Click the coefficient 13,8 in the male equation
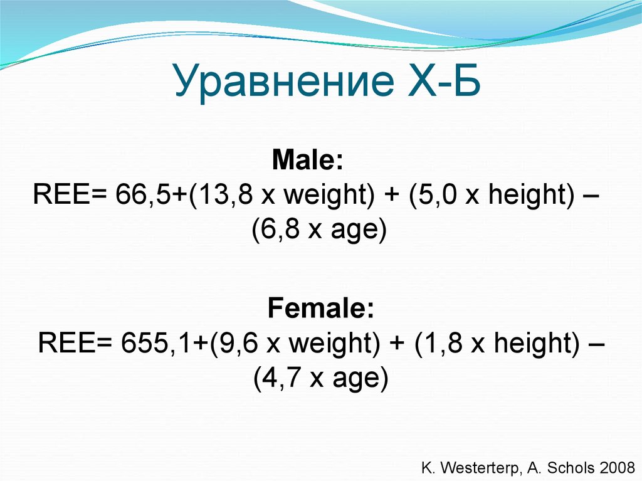(x=222, y=196)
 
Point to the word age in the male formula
(x=352, y=232)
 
